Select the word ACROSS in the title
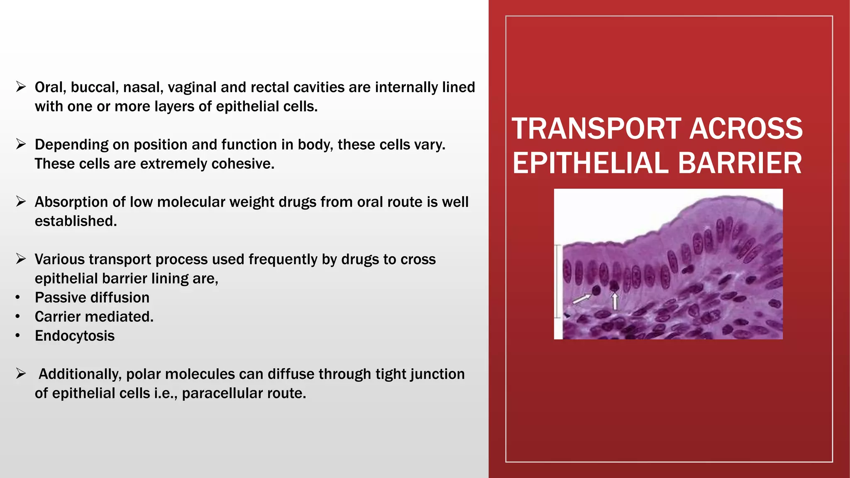click(x=746, y=129)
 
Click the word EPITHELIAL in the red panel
click(x=590, y=163)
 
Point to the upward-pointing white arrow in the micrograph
click(x=615, y=301)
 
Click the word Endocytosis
click(x=75, y=336)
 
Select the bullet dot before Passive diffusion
click(x=17, y=298)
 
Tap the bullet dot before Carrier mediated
click(x=17, y=317)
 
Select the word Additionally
click(x=80, y=374)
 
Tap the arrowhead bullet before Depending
click(x=21, y=144)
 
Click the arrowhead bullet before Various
click(x=21, y=259)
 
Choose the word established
click(x=76, y=221)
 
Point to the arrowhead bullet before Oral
click(x=21, y=87)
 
